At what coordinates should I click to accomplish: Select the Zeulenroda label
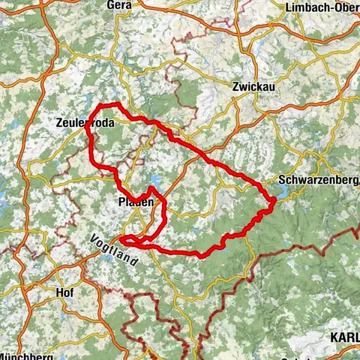click(x=84, y=123)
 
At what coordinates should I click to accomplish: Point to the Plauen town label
click(x=136, y=202)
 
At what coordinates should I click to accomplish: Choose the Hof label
click(x=64, y=292)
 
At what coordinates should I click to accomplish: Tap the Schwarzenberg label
click(x=318, y=180)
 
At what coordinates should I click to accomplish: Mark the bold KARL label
click(x=344, y=338)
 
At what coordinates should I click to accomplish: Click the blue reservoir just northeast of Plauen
click(x=154, y=180)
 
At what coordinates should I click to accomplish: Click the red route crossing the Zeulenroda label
click(x=91, y=124)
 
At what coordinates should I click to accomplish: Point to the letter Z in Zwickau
click(x=236, y=85)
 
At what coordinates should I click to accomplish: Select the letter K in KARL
click(x=334, y=338)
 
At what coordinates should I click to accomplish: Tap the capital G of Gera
click(x=109, y=5)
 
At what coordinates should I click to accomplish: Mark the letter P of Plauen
click(x=121, y=202)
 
